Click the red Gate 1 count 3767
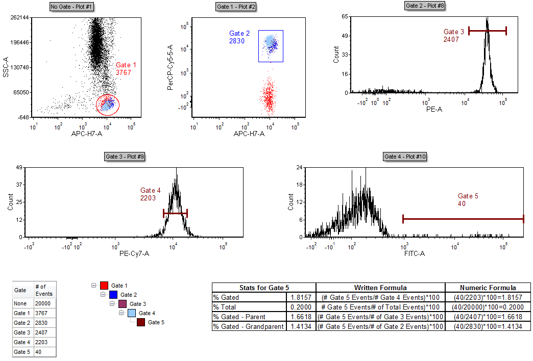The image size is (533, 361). point(124,73)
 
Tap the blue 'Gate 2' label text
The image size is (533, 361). point(239,34)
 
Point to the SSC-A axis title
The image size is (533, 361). point(6,67)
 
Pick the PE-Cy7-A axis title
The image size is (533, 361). point(134,253)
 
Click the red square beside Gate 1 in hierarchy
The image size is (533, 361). point(104,286)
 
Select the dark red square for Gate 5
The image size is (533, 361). point(141,322)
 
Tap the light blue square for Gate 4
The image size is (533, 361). point(132,313)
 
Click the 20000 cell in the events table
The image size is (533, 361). point(44,303)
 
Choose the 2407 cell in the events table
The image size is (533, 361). point(44,332)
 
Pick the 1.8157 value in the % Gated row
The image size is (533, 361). point(301,297)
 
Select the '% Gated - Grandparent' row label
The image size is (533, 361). point(248,326)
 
